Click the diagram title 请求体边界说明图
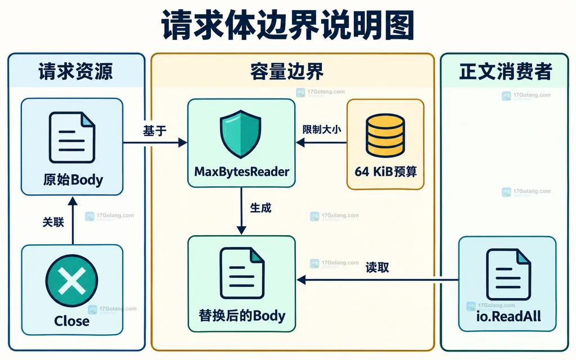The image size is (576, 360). (288, 25)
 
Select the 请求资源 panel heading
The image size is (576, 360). (76, 71)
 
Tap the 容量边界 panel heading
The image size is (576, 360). (287, 71)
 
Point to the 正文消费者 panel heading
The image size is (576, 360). (506, 71)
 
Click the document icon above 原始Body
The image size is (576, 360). (72, 137)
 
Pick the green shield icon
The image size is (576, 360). (241, 134)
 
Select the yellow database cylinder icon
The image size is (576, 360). (385, 135)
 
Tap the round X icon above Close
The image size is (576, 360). (71, 281)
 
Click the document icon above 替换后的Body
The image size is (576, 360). (242, 273)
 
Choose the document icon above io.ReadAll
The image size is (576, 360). (508, 274)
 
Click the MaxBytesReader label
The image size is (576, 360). (241, 172)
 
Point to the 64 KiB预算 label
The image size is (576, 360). (386, 172)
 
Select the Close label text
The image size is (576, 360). (71, 321)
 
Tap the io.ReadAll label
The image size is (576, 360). (508, 316)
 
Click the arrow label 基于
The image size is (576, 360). (155, 130)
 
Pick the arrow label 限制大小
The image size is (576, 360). (322, 129)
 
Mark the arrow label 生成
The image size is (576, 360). (260, 208)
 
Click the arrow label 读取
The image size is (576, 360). (377, 267)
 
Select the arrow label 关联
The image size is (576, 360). (53, 222)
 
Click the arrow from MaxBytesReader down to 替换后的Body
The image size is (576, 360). (241, 211)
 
